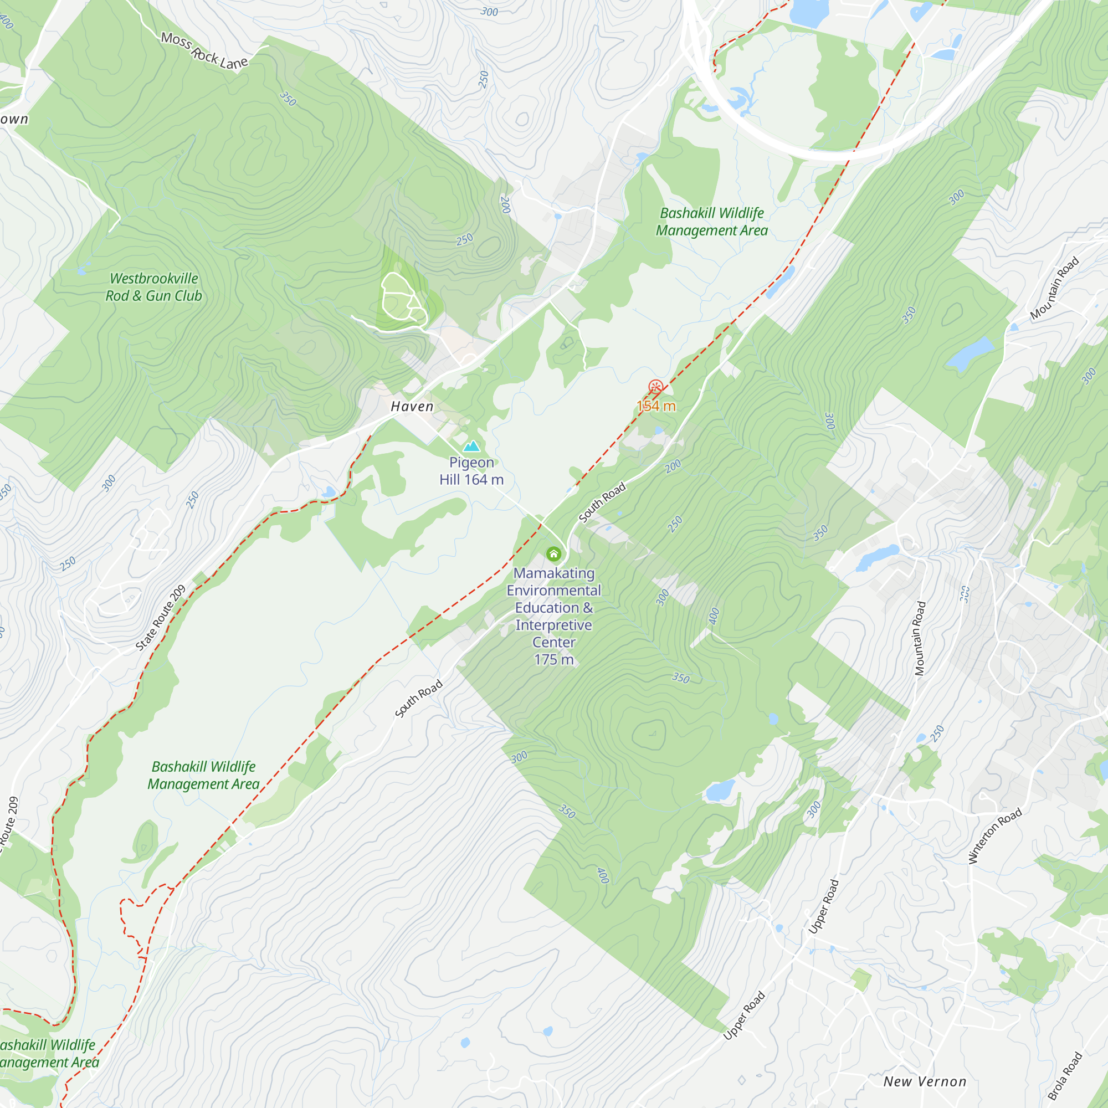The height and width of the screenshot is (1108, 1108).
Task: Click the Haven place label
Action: tap(412, 407)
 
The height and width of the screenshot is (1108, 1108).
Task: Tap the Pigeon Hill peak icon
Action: tap(471, 445)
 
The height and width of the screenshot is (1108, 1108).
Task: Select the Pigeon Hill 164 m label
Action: tap(471, 471)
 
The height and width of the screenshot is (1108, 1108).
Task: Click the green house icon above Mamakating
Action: tap(553, 554)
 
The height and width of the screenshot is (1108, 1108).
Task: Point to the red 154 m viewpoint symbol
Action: tap(655, 387)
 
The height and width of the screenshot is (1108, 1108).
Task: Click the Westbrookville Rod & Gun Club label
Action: tap(153, 288)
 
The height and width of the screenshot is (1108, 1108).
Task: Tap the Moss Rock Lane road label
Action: tap(204, 51)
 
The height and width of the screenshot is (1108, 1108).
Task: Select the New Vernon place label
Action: tap(925, 1081)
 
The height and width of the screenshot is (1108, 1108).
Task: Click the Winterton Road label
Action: tap(994, 835)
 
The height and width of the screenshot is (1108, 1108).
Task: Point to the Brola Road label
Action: tap(1065, 1076)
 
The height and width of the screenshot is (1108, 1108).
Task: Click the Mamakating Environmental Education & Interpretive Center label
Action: tap(553, 607)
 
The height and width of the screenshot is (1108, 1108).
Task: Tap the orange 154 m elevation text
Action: tap(656, 407)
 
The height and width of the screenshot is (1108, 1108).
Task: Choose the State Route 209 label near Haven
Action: tap(161, 618)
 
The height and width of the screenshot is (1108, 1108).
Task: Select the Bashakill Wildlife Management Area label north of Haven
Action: tap(712, 222)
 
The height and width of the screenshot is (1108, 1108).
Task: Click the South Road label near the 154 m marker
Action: tap(602, 503)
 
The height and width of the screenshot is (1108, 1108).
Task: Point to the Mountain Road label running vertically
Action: tap(920, 638)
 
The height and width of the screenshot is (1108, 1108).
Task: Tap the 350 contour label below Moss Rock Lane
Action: tap(288, 99)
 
